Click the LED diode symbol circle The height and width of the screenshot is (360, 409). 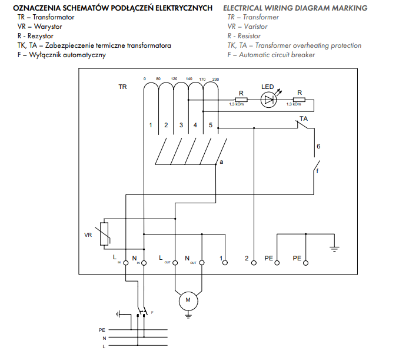268,100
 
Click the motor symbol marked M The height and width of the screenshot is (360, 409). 188,300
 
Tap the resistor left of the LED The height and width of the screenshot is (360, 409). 240,100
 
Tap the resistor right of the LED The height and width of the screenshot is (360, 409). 299,100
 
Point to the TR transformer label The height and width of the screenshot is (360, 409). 122,87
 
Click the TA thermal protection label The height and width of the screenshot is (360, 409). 304,119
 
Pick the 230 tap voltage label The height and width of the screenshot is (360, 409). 215,79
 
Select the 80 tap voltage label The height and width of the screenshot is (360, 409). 158,79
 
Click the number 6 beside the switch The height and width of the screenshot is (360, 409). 318,146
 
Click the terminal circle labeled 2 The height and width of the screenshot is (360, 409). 254,262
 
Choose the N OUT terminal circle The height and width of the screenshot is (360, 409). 202,262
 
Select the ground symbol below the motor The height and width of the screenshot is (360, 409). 188,316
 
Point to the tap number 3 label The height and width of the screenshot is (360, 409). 181,125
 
